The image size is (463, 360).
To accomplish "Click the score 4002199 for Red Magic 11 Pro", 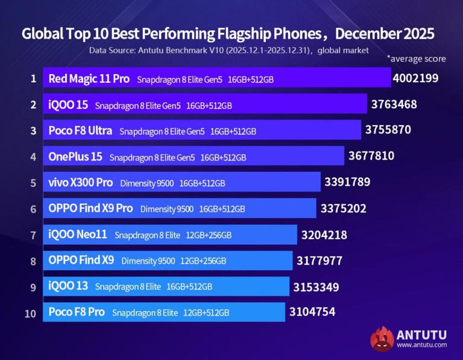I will point(415,78).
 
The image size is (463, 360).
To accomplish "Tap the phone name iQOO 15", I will point(68,105).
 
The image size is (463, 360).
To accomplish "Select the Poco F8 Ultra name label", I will point(80,130).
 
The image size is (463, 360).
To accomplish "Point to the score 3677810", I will point(371,156).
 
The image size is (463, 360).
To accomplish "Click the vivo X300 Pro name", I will point(80,182).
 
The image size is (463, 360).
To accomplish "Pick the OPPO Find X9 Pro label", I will point(90,208).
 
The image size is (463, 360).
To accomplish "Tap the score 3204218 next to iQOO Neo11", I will point(324,235).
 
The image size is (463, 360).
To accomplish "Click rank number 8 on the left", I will point(34,261).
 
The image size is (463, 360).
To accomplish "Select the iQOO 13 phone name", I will point(68,286).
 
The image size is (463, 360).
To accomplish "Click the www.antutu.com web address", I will point(422,345).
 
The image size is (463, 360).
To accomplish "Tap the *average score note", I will point(416,58).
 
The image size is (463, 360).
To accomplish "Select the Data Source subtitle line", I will point(228,50).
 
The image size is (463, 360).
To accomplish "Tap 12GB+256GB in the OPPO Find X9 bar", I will point(203,261).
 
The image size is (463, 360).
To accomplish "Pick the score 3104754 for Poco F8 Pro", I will point(312,312).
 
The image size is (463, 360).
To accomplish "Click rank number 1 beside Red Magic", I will point(34,78).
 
